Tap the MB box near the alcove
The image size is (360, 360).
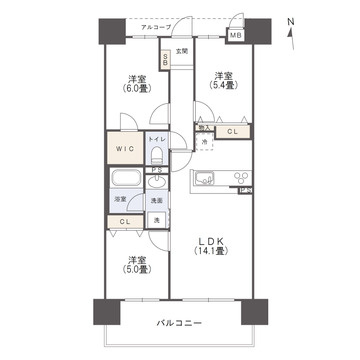pos(235,36)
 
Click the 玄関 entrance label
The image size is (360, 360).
pos(182,51)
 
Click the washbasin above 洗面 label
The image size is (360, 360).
pos(157,183)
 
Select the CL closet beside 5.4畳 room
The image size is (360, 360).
pos(231,130)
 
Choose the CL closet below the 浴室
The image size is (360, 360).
pos(125,221)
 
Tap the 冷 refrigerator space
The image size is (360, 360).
pos(203,142)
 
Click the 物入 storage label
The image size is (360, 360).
pos(203,127)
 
